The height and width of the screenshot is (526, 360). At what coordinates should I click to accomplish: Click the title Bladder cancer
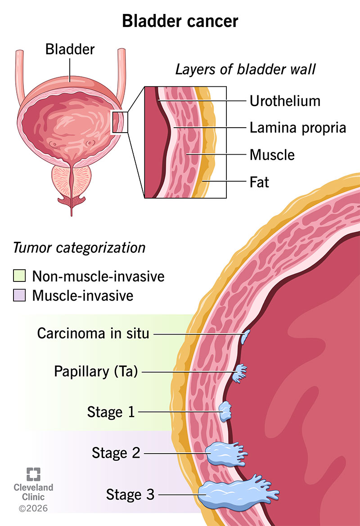[x=180, y=21]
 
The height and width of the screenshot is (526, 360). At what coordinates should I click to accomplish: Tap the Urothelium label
[x=285, y=101]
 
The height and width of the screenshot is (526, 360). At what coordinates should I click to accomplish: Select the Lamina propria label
[x=297, y=128]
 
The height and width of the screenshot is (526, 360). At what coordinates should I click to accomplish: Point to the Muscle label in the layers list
[x=272, y=155]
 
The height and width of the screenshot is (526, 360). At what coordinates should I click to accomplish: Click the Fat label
[x=259, y=182]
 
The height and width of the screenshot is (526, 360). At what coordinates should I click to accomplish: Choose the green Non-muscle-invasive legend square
[x=19, y=276]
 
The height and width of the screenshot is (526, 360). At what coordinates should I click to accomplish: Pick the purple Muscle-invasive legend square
[x=19, y=295]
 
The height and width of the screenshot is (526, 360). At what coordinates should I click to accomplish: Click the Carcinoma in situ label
[x=93, y=334]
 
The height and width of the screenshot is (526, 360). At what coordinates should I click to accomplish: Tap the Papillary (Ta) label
[x=96, y=372]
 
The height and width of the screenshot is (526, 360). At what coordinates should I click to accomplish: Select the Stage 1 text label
[x=111, y=412]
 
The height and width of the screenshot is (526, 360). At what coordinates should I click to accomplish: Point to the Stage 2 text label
[x=116, y=453]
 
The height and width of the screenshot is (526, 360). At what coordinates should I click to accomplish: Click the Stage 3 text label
[x=130, y=495]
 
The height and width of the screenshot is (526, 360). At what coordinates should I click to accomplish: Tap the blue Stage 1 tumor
[x=225, y=411]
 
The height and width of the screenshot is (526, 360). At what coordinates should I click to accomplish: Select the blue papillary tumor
[x=240, y=373]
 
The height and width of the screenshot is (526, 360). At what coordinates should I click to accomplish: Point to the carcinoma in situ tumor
[x=246, y=336]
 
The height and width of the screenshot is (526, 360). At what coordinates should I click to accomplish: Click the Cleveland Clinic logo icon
[x=33, y=474]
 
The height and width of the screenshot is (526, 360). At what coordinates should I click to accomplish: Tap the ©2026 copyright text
[x=33, y=508]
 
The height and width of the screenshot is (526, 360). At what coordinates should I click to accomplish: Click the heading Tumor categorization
[x=79, y=248]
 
